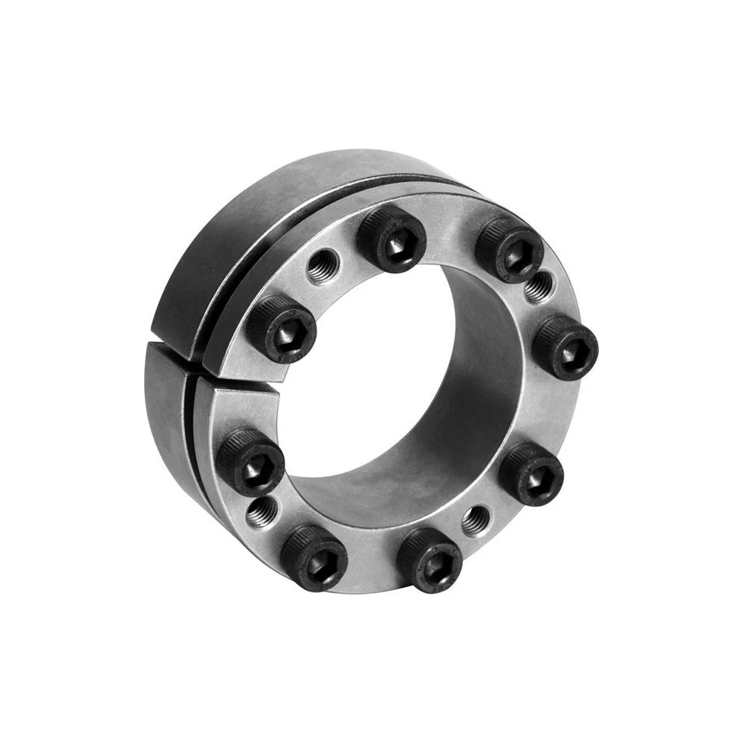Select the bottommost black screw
tap(430, 559)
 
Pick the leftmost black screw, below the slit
tap(250, 461)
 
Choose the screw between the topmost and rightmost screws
tap(510, 249)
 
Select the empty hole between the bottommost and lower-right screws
tap(475, 519)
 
